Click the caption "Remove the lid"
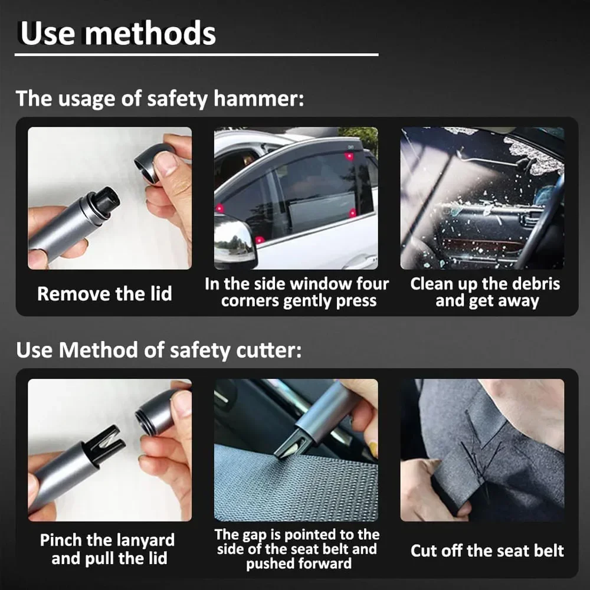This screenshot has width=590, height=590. [x=104, y=293]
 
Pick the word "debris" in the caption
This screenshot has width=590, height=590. [x=533, y=284]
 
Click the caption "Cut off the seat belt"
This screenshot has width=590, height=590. [x=487, y=551]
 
